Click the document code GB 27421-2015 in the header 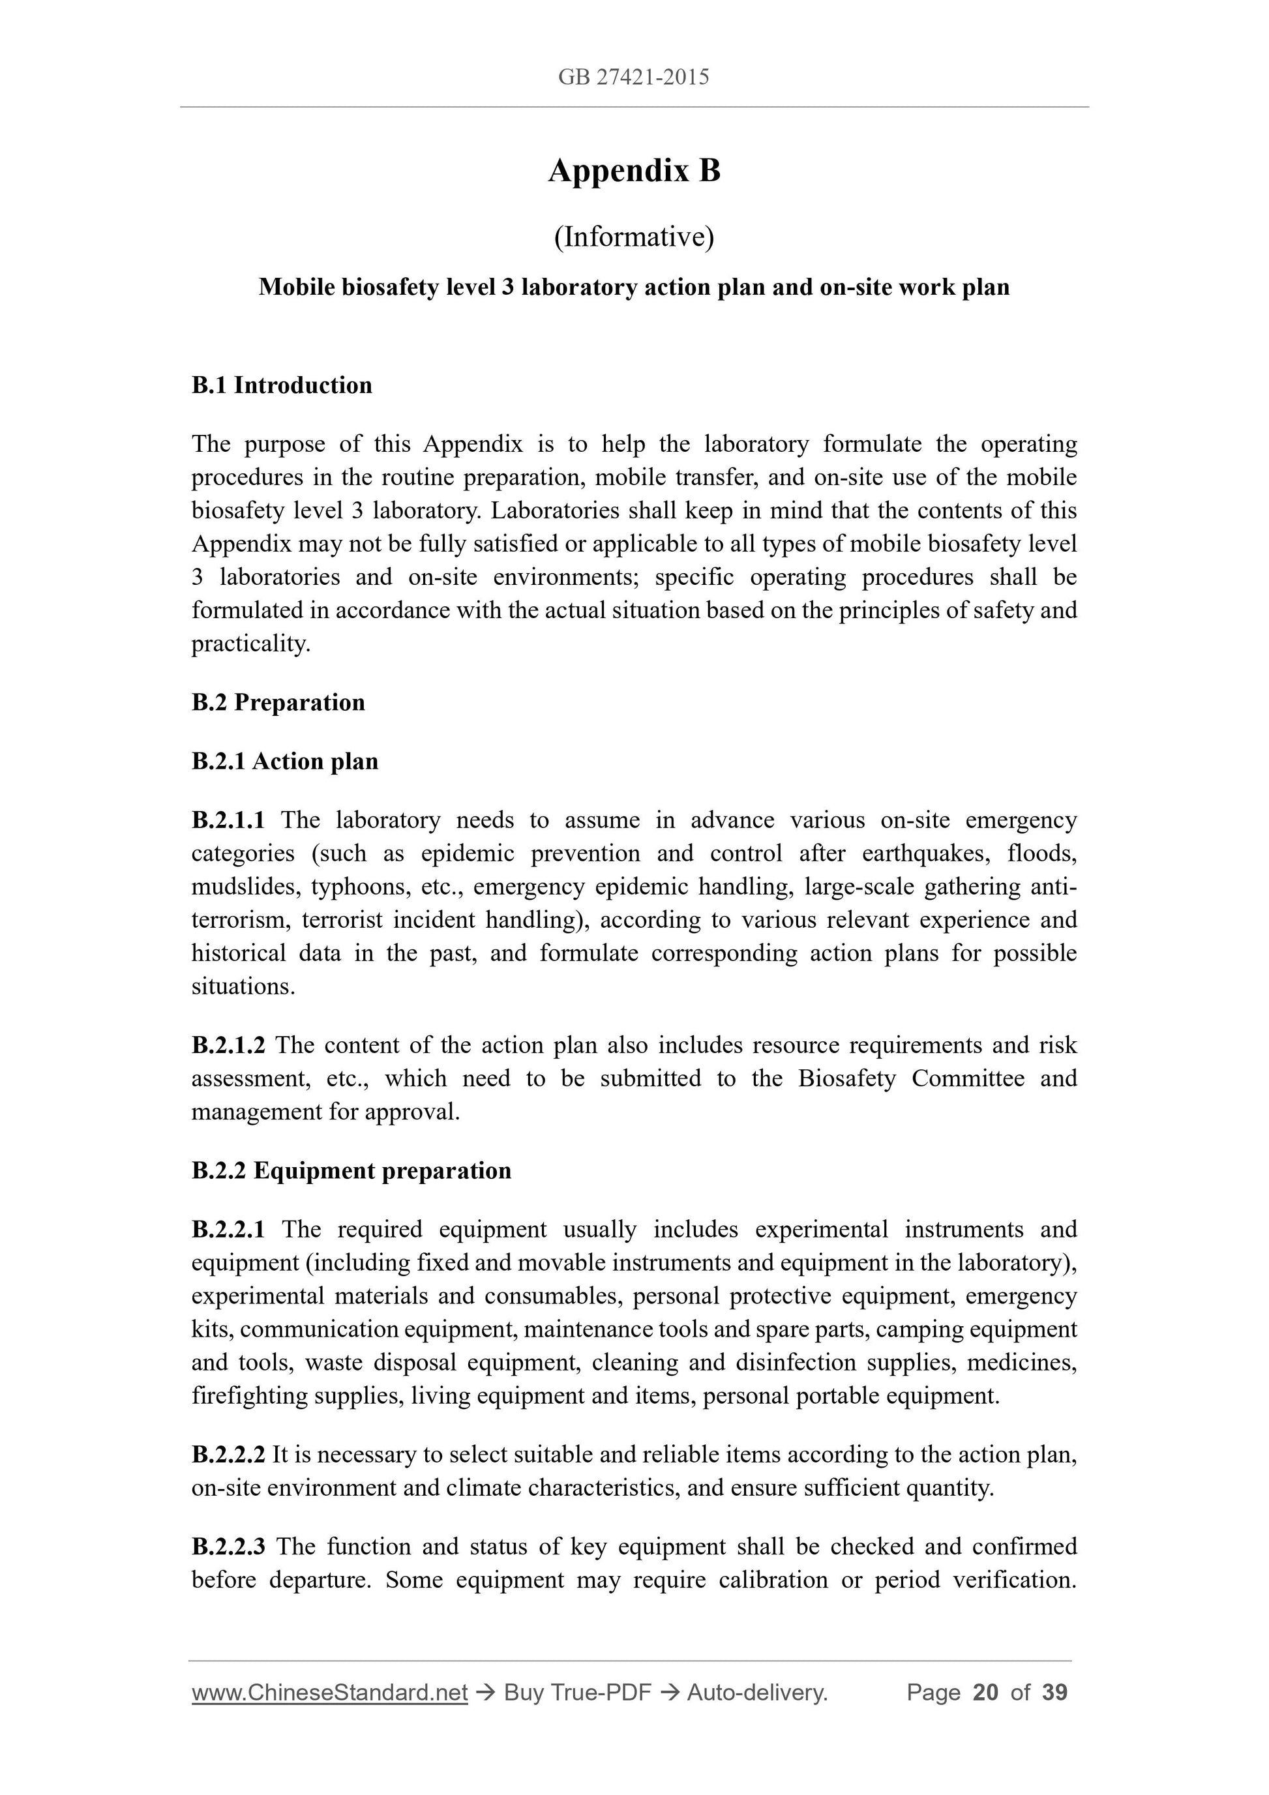coord(633,77)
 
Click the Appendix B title coord(633,170)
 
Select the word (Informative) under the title coord(633,237)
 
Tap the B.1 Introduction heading coord(282,385)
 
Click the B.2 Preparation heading coord(278,702)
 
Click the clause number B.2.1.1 coord(228,820)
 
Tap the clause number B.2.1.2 coord(228,1045)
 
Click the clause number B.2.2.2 coord(228,1454)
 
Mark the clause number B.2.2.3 coord(228,1547)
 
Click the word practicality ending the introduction coord(250,644)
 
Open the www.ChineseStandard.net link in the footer coord(329,1693)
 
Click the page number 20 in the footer coord(985,1693)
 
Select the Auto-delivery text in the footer coord(757,1693)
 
